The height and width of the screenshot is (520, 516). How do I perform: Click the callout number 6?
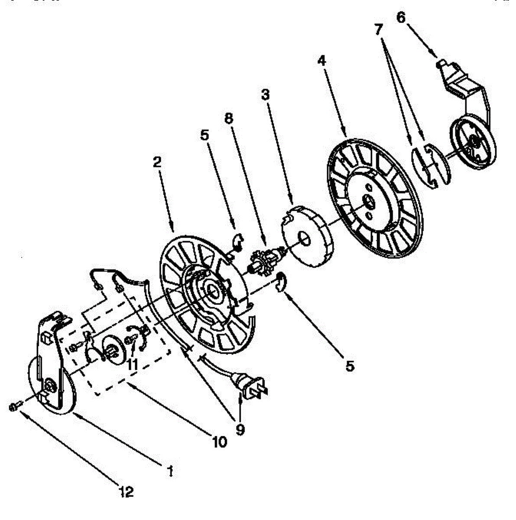tap(401, 18)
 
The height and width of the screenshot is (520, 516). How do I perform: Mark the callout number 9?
tap(240, 429)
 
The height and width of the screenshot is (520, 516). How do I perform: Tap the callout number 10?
tap(219, 442)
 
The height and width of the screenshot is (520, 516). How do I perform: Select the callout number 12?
tap(127, 492)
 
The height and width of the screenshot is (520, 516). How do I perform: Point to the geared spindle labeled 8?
tap(264, 258)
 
